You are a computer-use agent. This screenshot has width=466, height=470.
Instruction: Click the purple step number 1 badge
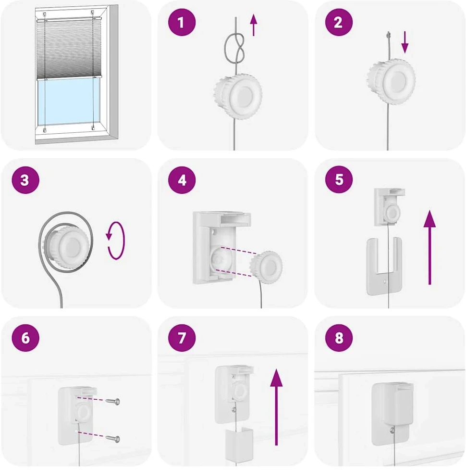point(182,23)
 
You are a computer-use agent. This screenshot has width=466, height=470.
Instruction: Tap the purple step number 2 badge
point(339,23)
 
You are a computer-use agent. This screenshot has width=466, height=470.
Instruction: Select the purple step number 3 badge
point(25,180)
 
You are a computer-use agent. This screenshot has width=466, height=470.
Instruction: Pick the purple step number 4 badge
point(182,180)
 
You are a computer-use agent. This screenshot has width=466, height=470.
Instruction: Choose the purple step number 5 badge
point(339,179)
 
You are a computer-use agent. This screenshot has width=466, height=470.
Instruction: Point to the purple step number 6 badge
point(25,338)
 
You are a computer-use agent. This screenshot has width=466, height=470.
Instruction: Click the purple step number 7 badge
point(182,338)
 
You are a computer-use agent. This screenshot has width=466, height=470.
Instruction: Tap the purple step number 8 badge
point(339,338)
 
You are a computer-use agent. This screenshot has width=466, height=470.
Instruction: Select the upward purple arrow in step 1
point(254,25)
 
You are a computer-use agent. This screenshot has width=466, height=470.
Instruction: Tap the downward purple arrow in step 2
point(405,42)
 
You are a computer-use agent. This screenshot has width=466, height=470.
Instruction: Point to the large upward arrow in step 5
point(430,247)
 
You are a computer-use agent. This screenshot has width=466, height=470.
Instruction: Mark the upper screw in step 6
point(113,401)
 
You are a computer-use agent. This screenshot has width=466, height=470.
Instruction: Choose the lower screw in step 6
point(113,439)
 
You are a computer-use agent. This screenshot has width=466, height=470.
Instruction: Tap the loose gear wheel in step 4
point(266,267)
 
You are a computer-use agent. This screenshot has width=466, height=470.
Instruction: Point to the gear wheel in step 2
point(392,81)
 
